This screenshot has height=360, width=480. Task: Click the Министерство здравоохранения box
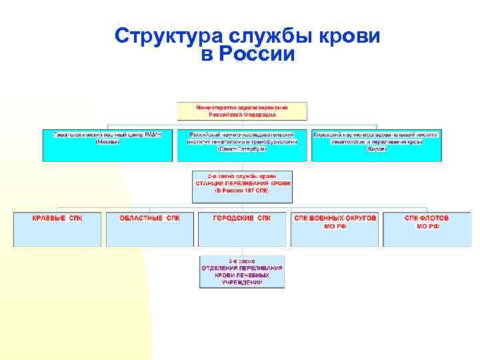pos(242,111)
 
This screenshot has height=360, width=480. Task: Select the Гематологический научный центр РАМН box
pos(107,145)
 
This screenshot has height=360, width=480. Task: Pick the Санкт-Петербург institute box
pos(242,145)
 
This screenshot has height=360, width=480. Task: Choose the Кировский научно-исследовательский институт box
pos(376,145)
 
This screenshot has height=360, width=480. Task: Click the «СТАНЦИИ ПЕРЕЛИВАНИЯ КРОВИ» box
pos(243,187)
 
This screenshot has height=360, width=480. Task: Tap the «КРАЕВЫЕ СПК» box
pos(57,229)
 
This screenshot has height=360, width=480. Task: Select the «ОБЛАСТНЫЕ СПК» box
pos(149,229)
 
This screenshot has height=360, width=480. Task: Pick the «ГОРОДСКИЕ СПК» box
pos(242,229)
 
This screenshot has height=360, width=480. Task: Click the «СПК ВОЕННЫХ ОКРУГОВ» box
pos(335,229)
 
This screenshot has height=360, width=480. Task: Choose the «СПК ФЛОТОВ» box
pos(427,229)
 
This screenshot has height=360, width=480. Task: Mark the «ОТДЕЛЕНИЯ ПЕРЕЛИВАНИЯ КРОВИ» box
pos(242,271)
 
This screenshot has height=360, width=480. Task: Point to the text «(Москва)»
pos(107,142)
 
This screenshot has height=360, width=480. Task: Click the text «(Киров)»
pos(376,149)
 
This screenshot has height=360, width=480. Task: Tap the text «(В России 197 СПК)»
pos(243,190)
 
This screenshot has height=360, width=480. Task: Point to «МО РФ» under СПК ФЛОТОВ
pos(427,227)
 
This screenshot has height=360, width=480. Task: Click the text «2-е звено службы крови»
pos(243,175)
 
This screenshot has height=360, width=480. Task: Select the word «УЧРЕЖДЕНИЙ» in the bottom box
pos(242,283)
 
